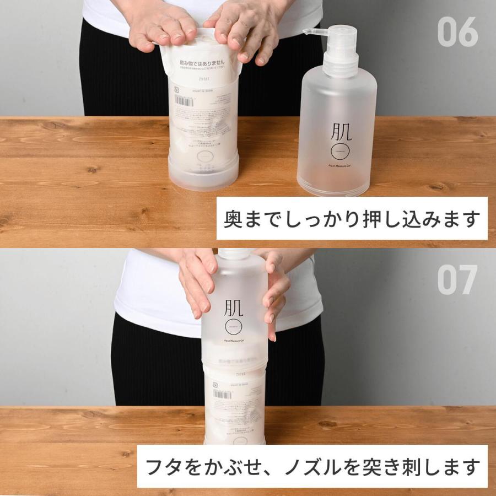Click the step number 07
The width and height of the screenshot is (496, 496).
457,280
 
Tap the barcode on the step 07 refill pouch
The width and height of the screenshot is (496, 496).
222,393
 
